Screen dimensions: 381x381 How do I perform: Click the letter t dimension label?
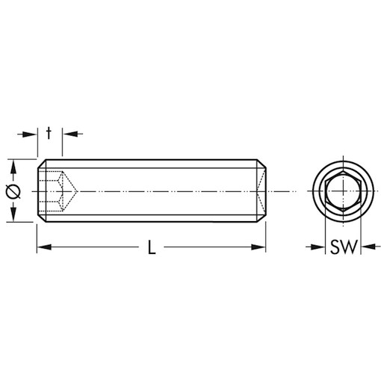click(49, 133)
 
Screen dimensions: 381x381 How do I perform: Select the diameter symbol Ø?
click(12, 191)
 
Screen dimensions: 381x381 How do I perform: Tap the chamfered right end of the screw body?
click(262, 191)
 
